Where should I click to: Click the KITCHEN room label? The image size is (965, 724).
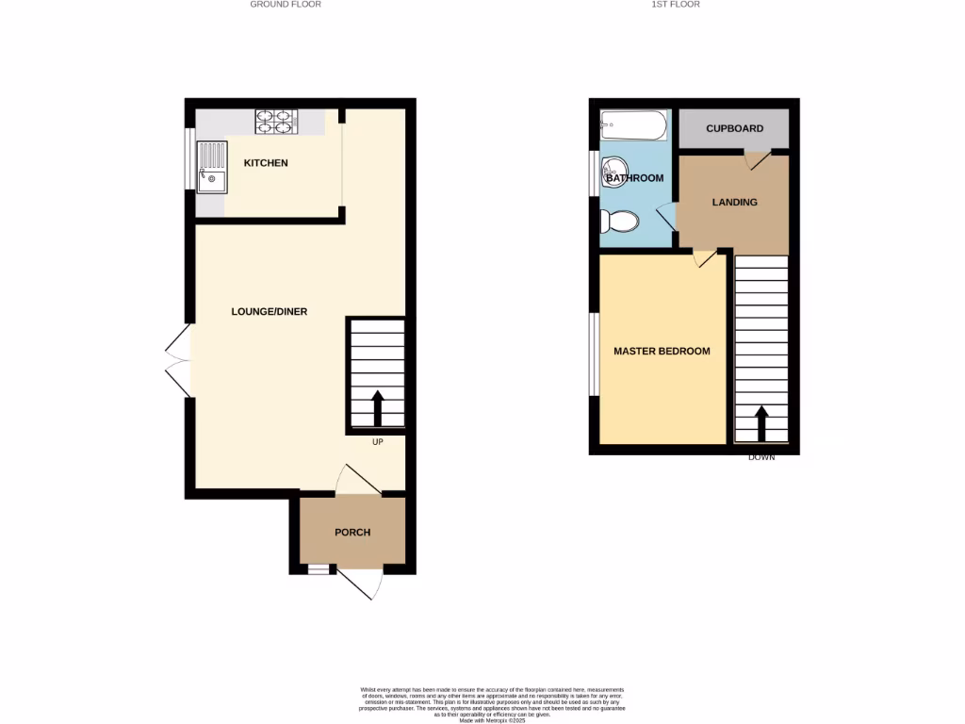point(266,163)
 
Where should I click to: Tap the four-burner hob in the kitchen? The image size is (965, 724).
point(276,121)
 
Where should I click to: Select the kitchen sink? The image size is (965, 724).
point(212,167)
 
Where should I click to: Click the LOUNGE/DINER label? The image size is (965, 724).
point(270,312)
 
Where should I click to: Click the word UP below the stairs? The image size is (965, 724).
point(377,442)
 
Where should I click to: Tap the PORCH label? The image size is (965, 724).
point(352,533)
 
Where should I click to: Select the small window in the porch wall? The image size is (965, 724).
point(319,568)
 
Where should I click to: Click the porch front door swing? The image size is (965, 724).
point(361,584)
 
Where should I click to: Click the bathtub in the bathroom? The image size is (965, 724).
point(634,125)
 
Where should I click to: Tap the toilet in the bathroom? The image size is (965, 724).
point(620,221)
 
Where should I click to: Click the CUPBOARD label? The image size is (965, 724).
point(734,129)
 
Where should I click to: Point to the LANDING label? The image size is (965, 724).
point(734,202)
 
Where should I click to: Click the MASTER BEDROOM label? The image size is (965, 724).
point(662,352)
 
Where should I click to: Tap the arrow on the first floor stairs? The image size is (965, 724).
point(761,423)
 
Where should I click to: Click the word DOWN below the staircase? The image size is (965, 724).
point(761,457)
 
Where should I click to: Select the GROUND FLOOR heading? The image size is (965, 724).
point(286,5)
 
